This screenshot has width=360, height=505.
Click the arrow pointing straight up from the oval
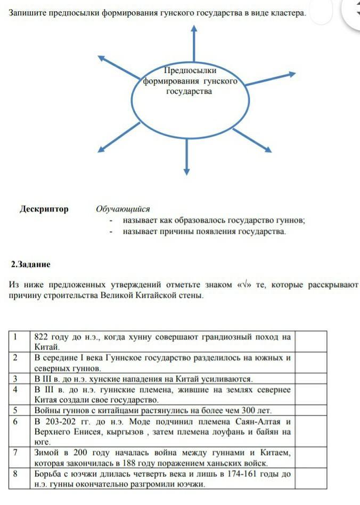[x=194, y=43]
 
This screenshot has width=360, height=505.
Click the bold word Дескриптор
[x=44, y=209]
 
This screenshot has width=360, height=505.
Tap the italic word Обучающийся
[x=123, y=209]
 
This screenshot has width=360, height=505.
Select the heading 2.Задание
[x=31, y=264]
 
